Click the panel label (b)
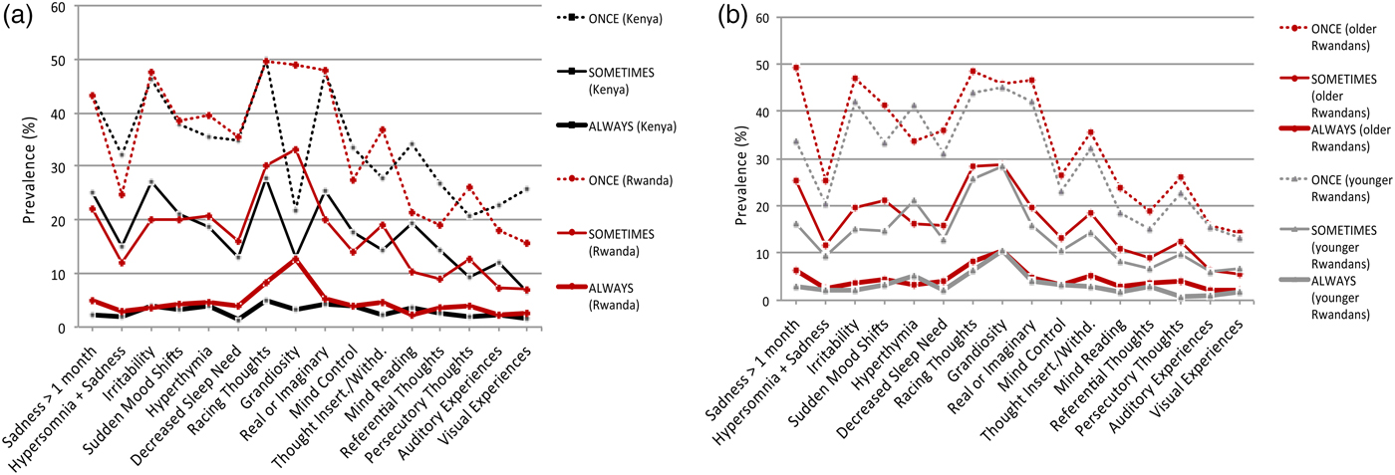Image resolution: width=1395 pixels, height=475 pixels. click(697, 18)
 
